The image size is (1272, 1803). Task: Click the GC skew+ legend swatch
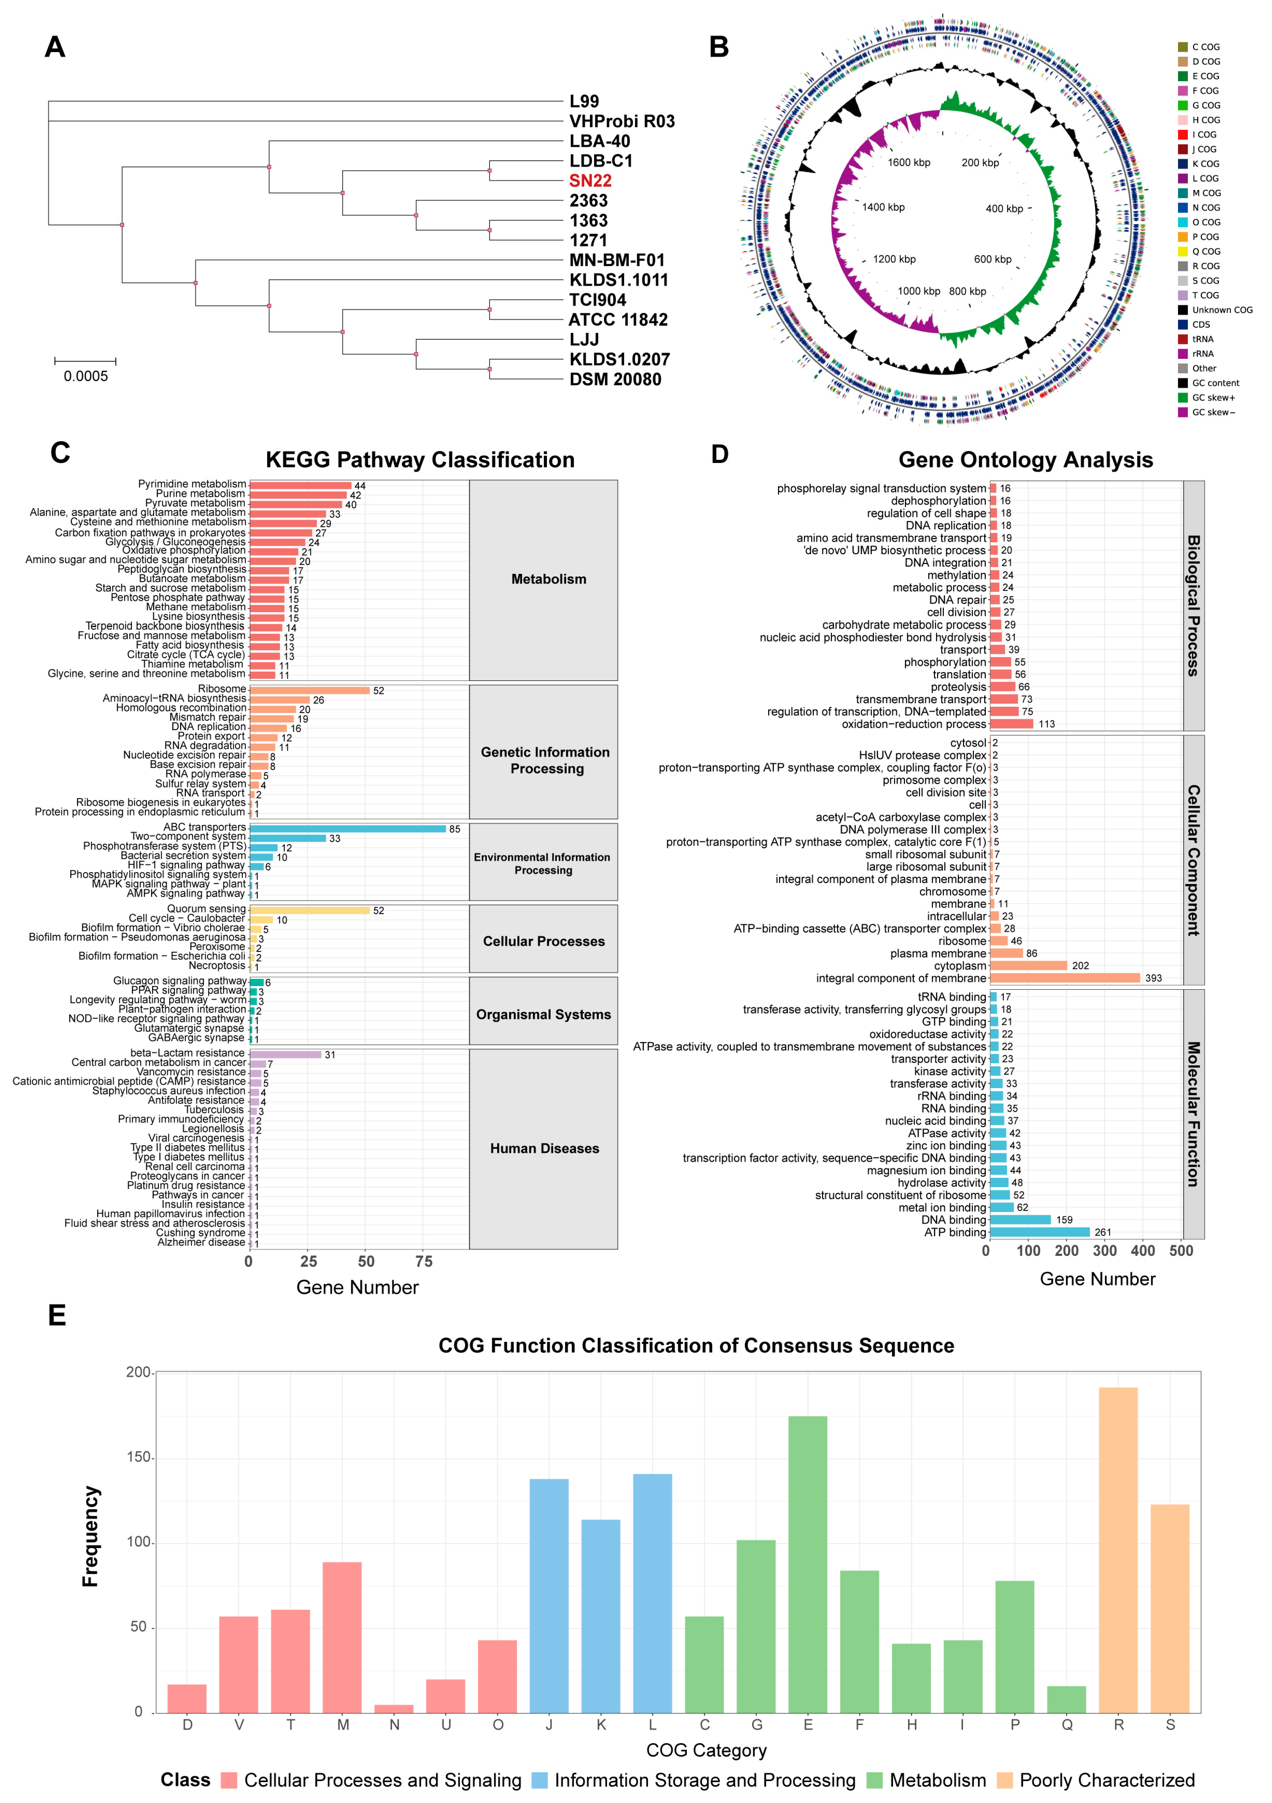pos(1183,397)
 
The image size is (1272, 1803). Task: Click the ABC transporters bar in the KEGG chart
pos(348,829)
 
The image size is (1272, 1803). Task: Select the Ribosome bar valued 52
pos(309,690)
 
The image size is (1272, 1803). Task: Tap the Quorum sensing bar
pos(309,910)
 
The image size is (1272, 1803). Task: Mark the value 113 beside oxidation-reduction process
pos(1047,724)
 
